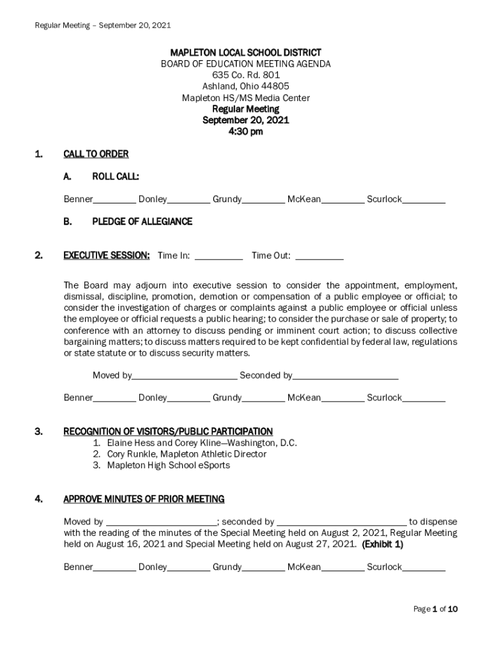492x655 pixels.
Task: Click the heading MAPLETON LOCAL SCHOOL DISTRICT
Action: pos(245,52)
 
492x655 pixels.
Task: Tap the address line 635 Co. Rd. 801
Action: pos(245,75)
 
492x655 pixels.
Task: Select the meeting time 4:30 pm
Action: pos(245,132)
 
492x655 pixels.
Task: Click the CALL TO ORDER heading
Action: pos(96,154)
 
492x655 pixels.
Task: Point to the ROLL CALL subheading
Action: pos(116,176)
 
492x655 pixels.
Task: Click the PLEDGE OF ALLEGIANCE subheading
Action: pos(142,221)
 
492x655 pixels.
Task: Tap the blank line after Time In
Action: pos(218,257)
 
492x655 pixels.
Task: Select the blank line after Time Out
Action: pos(319,257)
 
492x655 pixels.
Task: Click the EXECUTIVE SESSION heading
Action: pos(107,255)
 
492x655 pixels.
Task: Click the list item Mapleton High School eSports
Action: pos(168,465)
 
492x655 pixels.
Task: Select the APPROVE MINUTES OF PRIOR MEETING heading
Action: pos(144,499)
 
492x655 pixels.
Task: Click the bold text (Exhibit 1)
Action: pos(382,544)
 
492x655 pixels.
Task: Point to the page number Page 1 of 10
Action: pos(435,609)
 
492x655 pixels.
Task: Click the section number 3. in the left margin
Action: pos(38,431)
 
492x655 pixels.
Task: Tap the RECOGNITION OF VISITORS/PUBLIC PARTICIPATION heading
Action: pos(168,431)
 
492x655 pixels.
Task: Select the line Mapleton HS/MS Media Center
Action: pos(245,98)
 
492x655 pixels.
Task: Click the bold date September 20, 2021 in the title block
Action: pos(245,120)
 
